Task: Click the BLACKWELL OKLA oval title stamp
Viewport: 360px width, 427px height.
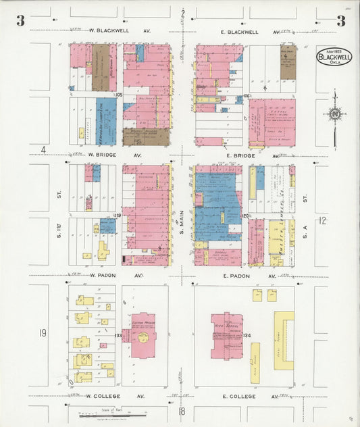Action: click(x=334, y=57)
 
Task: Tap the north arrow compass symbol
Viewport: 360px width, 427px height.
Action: click(x=335, y=115)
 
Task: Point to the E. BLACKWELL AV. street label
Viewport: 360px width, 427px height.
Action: click(x=246, y=32)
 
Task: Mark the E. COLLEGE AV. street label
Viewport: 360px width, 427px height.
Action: click(x=246, y=397)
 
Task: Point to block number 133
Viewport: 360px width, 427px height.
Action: click(x=118, y=335)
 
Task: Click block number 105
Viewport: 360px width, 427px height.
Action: click(x=119, y=95)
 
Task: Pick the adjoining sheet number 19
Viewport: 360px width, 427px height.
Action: click(x=43, y=332)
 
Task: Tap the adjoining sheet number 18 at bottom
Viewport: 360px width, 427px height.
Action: click(x=182, y=411)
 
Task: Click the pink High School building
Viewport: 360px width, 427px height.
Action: click(x=226, y=334)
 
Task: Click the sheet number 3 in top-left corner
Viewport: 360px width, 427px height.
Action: click(x=21, y=21)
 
